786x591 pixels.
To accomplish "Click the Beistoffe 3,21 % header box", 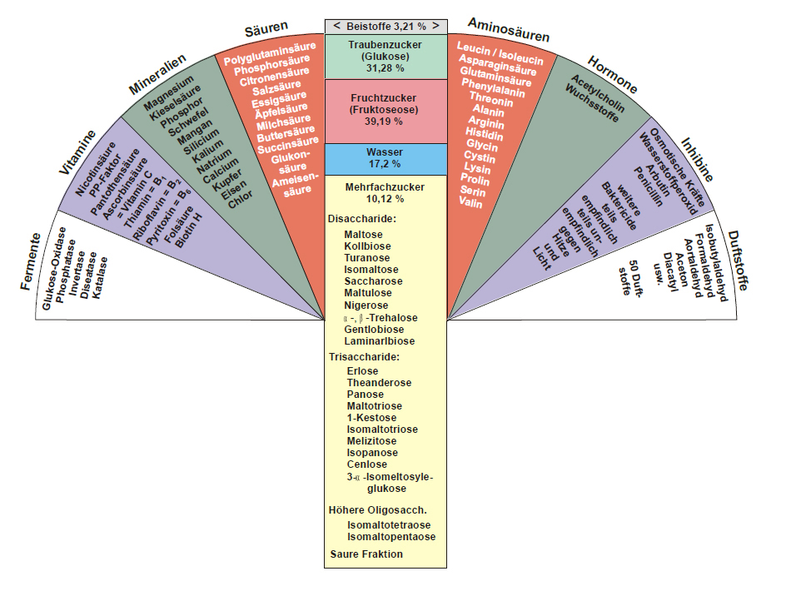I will click(x=386, y=26).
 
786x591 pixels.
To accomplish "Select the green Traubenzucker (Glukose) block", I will click(x=386, y=56).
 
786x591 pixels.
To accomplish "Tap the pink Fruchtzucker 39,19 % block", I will click(x=386, y=110).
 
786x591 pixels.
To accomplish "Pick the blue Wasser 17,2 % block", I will click(x=386, y=158).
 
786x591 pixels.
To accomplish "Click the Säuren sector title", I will click(x=266, y=31).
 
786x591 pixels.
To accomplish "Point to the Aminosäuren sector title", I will click(x=509, y=30).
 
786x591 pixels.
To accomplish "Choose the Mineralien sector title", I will click(x=157, y=75).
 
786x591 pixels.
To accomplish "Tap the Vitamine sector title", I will click(x=77, y=152).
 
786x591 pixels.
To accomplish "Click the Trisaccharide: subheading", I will click(x=365, y=357).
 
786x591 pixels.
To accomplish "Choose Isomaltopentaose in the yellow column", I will click(x=391, y=537).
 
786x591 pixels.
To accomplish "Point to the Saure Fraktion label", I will click(x=366, y=554).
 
